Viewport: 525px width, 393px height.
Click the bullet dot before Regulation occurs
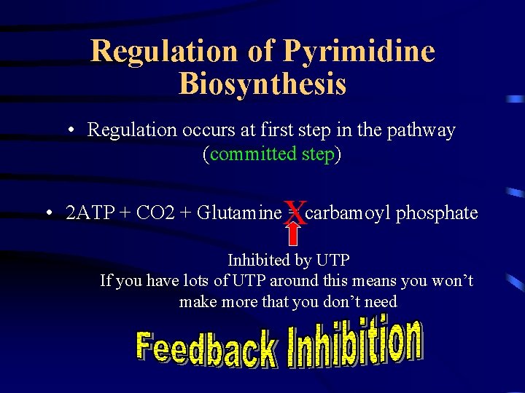pos(73,131)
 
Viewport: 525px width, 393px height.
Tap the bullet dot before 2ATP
pos(48,214)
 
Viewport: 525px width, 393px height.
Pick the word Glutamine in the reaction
pos(238,213)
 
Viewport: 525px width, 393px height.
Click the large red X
pos(294,212)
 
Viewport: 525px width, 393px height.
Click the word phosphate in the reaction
pos(437,213)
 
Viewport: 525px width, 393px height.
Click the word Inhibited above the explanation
pos(256,260)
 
